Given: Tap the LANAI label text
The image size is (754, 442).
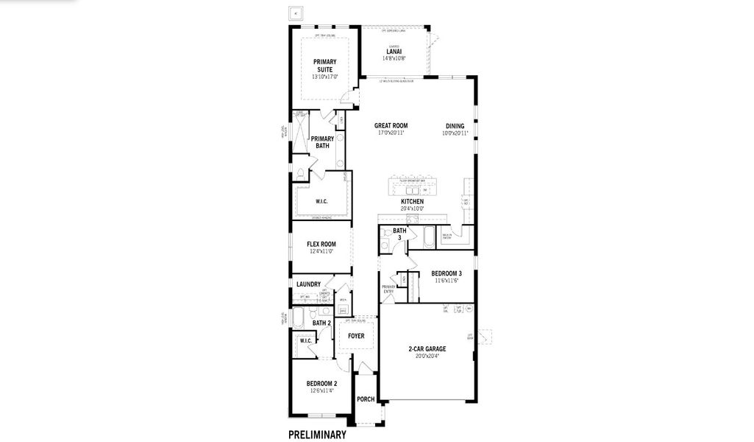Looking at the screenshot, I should tap(393, 52).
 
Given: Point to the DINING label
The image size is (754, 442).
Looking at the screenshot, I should tap(455, 126).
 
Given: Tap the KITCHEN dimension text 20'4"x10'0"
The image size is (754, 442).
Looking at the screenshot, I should tap(412, 208).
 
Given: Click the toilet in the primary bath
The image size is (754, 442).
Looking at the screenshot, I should tap(300, 174).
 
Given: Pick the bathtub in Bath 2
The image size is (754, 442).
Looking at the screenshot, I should tap(299, 319).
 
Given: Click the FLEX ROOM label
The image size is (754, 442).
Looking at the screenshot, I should tap(321, 244).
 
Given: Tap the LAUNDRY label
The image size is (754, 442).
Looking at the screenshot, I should tap(309, 284).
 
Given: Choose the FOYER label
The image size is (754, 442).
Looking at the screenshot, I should tap(356, 336).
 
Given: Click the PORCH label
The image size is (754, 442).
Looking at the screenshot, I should tap(366, 399).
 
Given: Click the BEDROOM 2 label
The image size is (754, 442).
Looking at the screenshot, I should tap(321, 384).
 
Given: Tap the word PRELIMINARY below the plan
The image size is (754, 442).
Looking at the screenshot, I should tap(317, 435).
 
